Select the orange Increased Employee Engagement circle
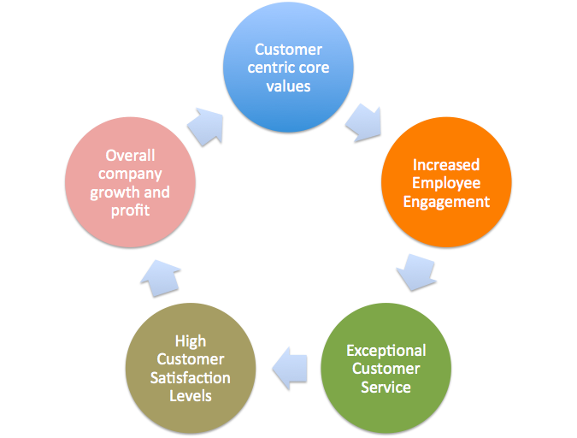coord(445,182)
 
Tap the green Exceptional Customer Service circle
coord(386,370)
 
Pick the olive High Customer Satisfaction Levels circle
coord(191,369)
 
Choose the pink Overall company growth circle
coord(130,182)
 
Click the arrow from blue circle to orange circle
coord(363,121)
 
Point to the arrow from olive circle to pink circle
coord(162,277)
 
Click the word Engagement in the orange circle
coord(446,202)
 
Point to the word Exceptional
coord(386,351)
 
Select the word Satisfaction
coord(191,377)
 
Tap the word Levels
coord(191,395)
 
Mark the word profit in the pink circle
coord(130,210)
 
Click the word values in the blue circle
coord(288,86)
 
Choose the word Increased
coord(446,164)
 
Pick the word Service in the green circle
coord(386,388)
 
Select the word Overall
coord(130,156)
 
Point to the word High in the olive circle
coord(191,341)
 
